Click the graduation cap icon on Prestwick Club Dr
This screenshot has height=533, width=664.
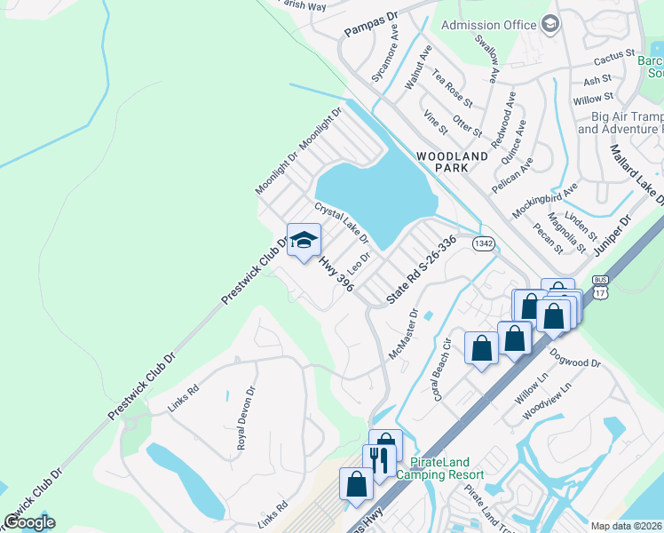tap(304, 242)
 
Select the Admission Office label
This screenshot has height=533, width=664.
tap(489, 25)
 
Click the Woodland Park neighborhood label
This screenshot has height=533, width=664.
tap(453, 163)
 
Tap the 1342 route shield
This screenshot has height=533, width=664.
tap(484, 243)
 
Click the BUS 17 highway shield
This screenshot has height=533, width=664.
tap(601, 284)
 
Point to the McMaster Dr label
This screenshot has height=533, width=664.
tap(403, 334)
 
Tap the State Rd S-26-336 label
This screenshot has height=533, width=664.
tap(422, 270)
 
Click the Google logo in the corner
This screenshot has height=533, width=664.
tap(29, 522)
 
